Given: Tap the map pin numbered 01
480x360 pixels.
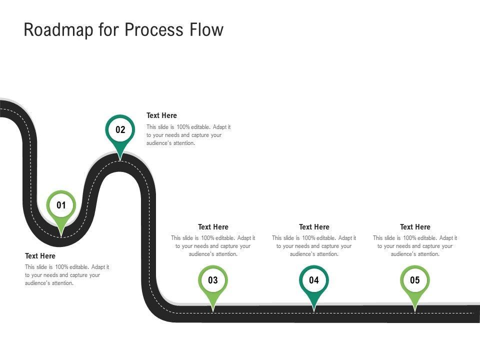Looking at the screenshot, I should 61,205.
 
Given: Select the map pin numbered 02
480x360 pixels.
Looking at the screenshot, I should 120,130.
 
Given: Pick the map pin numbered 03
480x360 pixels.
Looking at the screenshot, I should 213,280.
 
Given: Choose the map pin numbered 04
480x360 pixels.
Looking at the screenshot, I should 314,280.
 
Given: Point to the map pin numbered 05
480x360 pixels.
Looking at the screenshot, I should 415,280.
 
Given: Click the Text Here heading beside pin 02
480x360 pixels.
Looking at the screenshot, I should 161,115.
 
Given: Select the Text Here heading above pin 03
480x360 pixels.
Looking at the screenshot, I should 213,227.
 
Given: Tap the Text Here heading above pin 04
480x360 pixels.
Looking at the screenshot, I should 314,227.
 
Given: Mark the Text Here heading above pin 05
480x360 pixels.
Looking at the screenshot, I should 415,227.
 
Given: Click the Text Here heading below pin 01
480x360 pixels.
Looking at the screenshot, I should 40,256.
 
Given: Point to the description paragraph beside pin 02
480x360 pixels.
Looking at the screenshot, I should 188,135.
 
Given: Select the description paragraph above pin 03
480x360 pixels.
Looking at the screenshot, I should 213,246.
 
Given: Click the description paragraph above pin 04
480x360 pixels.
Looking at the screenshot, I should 314,246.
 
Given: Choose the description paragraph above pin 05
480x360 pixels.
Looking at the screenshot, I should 415,246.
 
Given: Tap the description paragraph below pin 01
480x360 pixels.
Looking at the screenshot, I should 67,275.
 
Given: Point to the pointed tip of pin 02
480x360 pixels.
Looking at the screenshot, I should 120,159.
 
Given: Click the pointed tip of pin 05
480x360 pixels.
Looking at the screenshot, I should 415,310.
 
